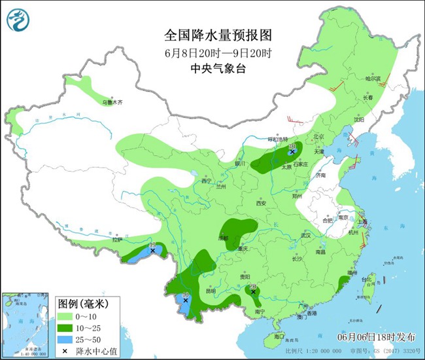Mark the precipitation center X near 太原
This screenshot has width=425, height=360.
point(292,152)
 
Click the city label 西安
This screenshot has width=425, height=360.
point(262,204)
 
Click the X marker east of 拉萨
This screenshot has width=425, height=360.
point(152,250)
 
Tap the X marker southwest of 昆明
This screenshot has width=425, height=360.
point(185,301)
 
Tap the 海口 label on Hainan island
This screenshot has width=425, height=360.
point(280,336)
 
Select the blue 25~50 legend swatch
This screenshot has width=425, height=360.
point(67,340)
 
